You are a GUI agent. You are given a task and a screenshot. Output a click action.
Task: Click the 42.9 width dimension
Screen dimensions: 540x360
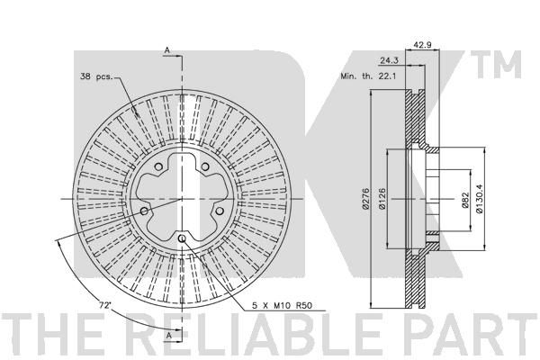coord(422,45)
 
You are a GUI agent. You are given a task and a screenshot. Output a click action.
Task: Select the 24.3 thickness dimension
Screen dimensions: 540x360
coord(389,60)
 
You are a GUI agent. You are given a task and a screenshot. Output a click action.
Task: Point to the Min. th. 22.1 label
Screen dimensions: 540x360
coord(368,76)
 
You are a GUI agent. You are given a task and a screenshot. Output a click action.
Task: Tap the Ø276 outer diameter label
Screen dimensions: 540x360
coord(365,199)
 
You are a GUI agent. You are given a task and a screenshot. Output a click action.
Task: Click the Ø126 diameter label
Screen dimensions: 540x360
coord(382,199)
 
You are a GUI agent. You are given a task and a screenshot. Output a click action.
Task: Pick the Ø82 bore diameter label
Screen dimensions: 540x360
coord(465,200)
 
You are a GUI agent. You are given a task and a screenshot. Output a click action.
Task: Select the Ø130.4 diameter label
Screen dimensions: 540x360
coord(480,199)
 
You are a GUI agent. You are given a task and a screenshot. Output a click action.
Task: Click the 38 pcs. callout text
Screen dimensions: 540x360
coord(96,76)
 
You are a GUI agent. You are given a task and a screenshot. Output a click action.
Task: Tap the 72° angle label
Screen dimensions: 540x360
coord(104,305)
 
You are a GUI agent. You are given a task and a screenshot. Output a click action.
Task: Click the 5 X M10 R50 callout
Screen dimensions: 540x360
coord(282,305)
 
